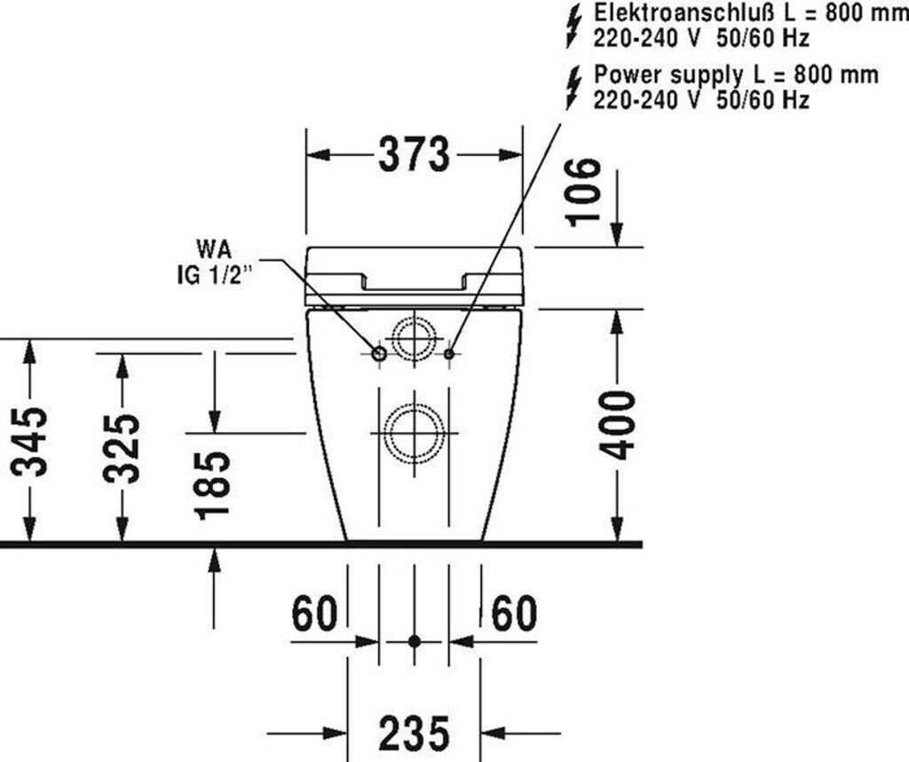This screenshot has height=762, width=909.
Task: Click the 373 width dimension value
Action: (x=414, y=154)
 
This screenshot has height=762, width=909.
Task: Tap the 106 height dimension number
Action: (x=582, y=192)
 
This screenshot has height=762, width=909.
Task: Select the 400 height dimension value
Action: (x=618, y=426)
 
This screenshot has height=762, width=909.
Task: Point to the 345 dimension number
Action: (x=29, y=442)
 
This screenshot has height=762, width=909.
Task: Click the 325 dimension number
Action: (x=122, y=449)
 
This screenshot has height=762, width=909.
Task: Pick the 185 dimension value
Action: (x=213, y=485)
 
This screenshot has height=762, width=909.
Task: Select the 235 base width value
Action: (x=414, y=733)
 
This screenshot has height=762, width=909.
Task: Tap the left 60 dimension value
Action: (x=314, y=613)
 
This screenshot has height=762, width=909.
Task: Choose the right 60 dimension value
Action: (x=514, y=613)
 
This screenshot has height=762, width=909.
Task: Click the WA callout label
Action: (x=214, y=250)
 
